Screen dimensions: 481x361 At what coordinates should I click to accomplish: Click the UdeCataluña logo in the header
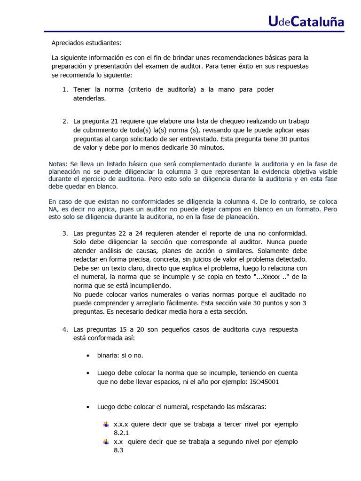point(306,21)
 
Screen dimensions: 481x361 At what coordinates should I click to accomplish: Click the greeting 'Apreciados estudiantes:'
point(86,43)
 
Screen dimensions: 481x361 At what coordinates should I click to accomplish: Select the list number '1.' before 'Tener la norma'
point(65,89)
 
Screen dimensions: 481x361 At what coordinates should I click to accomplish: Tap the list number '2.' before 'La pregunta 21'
point(65,121)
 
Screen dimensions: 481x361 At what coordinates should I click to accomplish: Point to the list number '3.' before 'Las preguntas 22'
point(65,233)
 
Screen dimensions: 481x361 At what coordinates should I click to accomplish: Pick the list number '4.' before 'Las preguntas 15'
point(65,329)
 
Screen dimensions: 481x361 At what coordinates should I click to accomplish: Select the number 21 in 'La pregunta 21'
point(116,121)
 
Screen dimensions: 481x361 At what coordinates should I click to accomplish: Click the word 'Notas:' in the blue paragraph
point(58,163)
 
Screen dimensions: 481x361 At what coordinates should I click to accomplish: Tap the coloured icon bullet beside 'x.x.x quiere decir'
point(106,424)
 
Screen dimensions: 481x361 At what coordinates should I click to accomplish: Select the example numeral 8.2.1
point(121,433)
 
